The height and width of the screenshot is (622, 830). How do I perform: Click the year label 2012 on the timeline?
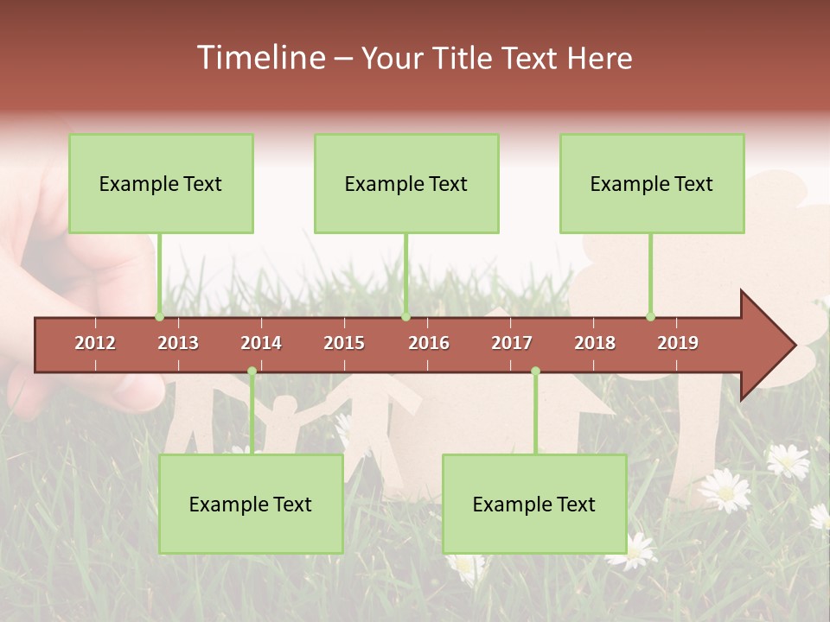[x=95, y=343]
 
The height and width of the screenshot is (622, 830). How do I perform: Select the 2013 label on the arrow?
[x=178, y=343]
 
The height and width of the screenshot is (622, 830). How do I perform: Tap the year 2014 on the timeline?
[x=261, y=343]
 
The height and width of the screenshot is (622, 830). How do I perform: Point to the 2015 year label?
[x=344, y=343]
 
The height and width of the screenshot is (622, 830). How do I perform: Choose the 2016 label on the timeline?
[x=429, y=343]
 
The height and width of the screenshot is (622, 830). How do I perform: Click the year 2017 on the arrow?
[x=512, y=343]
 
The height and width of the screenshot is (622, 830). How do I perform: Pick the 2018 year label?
[x=595, y=343]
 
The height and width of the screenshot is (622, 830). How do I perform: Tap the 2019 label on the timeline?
[x=678, y=343]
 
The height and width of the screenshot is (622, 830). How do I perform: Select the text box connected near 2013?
[x=161, y=183]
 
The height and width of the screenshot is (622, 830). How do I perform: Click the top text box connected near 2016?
[x=406, y=183]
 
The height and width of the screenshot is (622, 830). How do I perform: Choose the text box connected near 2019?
[x=652, y=183]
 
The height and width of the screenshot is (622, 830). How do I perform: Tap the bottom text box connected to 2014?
[x=251, y=504]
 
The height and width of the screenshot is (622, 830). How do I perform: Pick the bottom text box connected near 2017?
[x=534, y=504]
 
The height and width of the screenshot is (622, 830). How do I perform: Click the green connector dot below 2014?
[x=252, y=371]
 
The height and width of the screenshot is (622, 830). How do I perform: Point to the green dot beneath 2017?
[x=535, y=371]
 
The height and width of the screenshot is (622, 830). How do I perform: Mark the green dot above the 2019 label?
[x=650, y=316]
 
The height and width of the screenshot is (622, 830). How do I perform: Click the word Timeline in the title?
[x=259, y=58]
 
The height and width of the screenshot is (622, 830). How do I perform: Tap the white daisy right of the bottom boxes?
[x=725, y=490]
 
